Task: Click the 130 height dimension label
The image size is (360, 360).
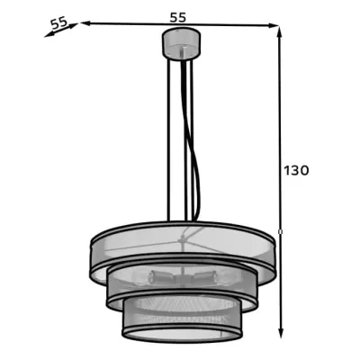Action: (296, 170)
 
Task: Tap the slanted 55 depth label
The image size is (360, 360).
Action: (58, 23)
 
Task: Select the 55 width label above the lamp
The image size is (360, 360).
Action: (178, 17)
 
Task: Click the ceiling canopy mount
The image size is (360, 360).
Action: (181, 44)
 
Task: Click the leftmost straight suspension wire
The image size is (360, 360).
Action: (168, 139)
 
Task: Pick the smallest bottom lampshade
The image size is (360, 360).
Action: (182, 319)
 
